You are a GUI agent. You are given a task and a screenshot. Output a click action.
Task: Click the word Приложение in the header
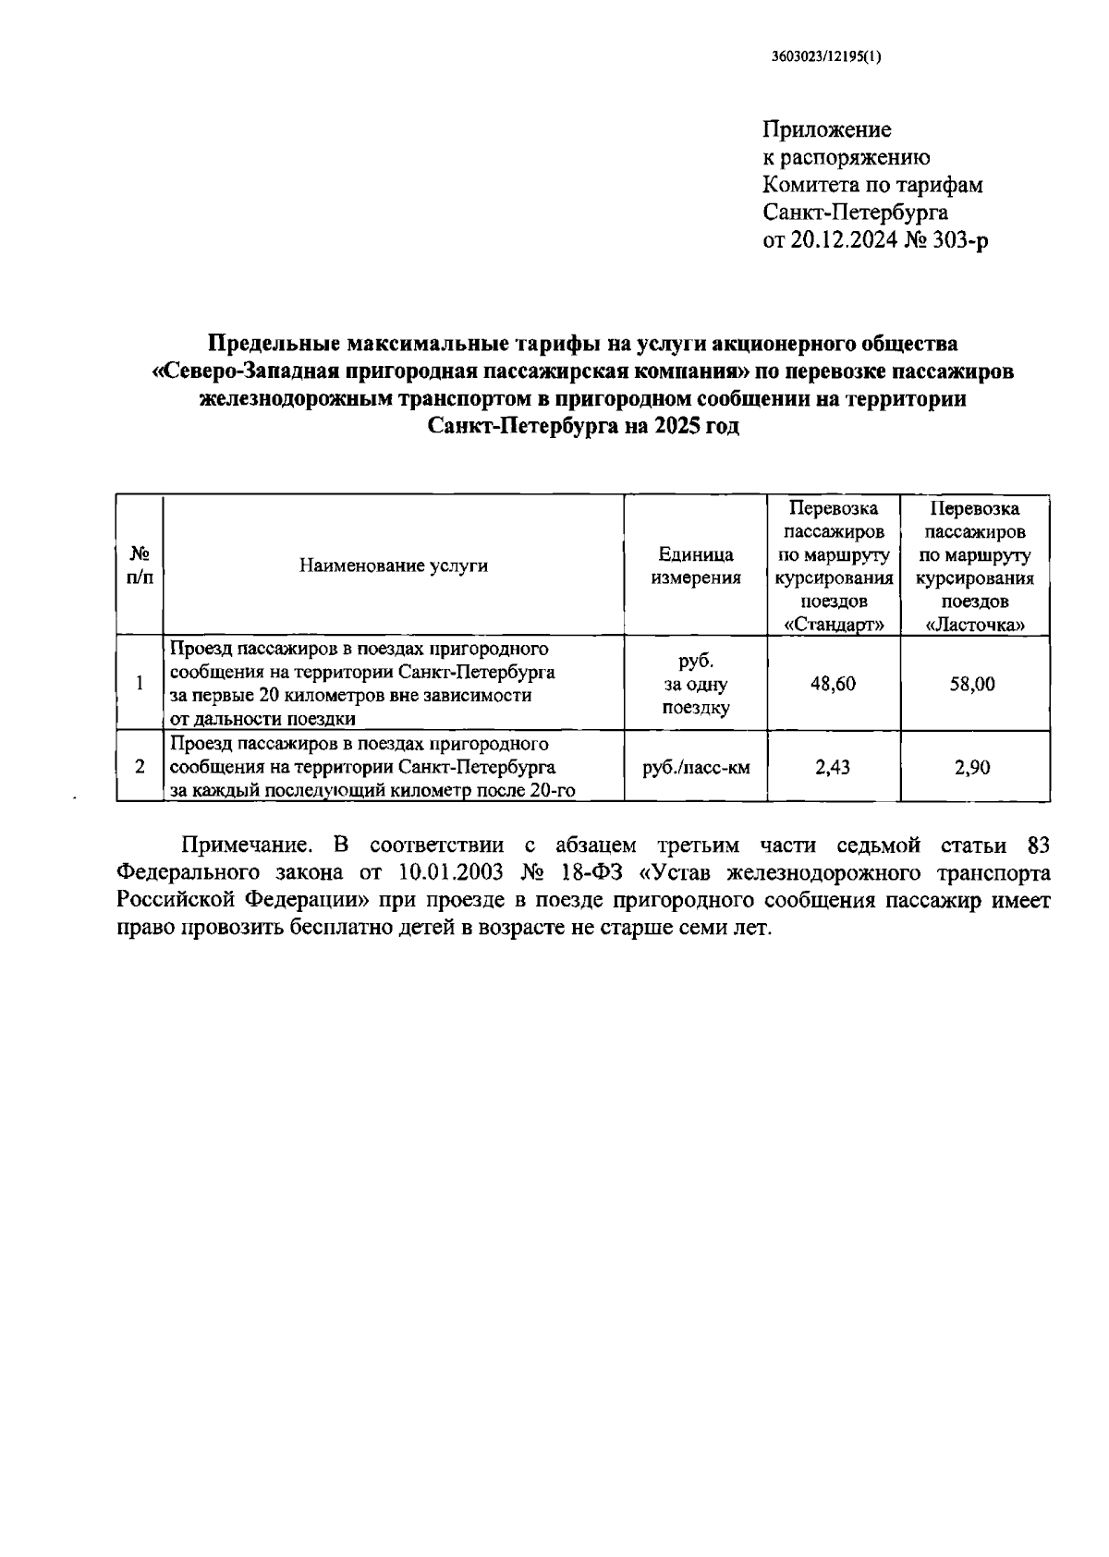(827, 128)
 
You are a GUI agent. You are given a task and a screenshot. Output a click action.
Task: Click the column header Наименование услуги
(393, 566)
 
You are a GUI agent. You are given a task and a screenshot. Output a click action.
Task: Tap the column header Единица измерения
(696, 566)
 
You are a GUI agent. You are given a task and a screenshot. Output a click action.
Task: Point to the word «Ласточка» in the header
(976, 625)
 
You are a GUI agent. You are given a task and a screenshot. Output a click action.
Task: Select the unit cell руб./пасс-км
(696, 767)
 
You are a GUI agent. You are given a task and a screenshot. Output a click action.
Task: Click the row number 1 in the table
(140, 684)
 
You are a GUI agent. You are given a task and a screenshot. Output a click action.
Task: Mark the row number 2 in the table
(140, 766)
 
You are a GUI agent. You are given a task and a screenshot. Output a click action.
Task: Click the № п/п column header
(140, 565)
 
